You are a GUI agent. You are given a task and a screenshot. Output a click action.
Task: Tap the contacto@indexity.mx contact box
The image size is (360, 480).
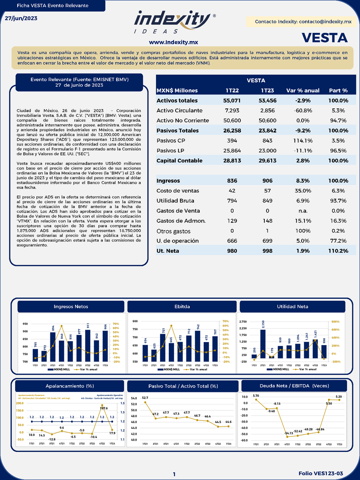[303, 22]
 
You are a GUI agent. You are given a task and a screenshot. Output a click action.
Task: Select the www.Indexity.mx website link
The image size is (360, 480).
[173, 42]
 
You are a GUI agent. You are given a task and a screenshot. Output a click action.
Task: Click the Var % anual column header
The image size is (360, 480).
[303, 90]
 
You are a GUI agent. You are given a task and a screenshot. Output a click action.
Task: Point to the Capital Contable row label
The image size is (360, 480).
[179, 160]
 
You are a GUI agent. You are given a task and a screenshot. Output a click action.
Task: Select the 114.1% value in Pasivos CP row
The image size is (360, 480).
[303, 140]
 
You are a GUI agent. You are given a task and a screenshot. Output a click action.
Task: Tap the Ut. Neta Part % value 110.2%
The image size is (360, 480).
[338, 251]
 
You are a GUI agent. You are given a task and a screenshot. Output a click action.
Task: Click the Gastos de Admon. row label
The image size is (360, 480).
[181, 221]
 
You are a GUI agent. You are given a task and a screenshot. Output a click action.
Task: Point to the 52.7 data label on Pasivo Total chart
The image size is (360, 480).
[145, 398]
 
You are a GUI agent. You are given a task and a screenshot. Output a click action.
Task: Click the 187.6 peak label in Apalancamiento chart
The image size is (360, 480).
[104, 408]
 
